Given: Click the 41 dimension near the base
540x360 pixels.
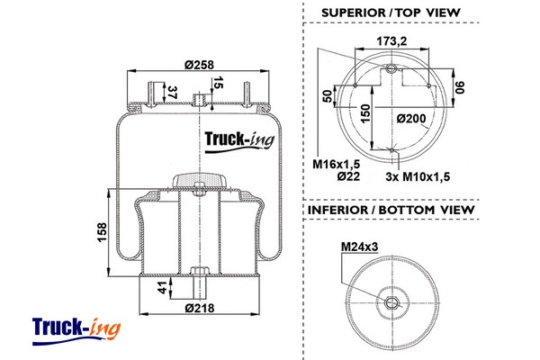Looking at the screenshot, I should [x=163, y=288].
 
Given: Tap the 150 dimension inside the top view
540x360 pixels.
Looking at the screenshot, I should [x=366, y=111].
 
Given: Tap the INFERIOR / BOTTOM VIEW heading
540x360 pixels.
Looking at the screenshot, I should [x=391, y=210].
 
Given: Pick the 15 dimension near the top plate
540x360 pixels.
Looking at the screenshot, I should [x=218, y=85].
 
